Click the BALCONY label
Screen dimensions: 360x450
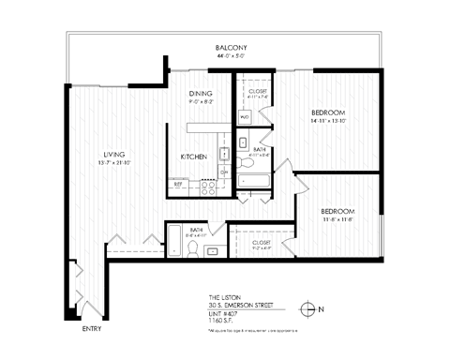tap(230, 47)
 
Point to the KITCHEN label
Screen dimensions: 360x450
tap(194, 157)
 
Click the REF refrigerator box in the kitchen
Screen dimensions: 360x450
tap(178, 185)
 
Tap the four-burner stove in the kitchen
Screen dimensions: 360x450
tap(204, 185)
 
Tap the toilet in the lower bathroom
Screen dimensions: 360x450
tap(193, 248)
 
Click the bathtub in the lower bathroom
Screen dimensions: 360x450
tap(175, 241)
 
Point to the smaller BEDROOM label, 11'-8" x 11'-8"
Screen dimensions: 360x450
tap(337, 211)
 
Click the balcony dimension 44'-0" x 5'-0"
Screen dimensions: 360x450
tap(230, 55)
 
